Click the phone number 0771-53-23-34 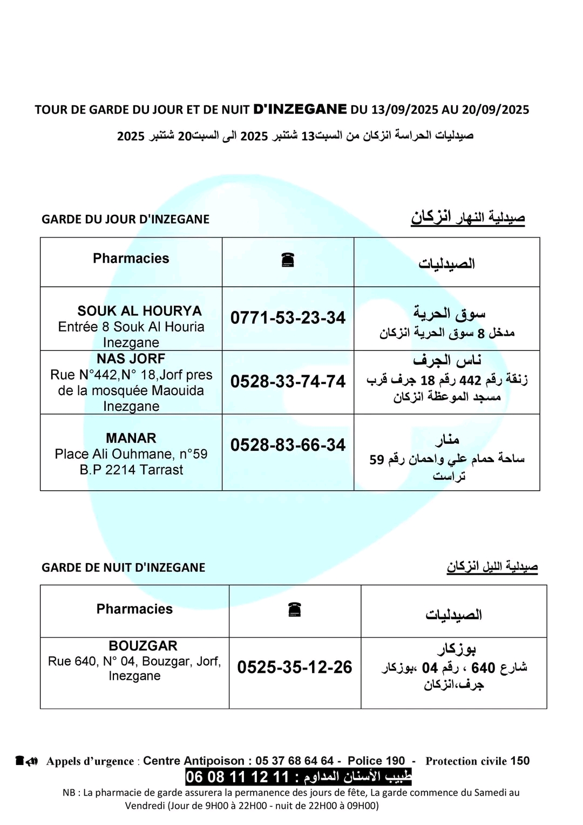(x=288, y=317)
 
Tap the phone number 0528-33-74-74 (x=288, y=381)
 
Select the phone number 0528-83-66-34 (x=288, y=445)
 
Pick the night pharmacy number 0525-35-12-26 (x=295, y=667)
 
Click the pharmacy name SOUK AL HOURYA (x=139, y=311)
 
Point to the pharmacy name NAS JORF (x=131, y=359)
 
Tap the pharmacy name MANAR (x=131, y=438)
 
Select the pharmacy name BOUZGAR (x=135, y=646)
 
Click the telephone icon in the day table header (x=288, y=260)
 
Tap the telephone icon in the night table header (x=295, y=610)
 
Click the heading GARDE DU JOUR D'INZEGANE (x=125, y=219)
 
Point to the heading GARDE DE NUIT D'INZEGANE (x=124, y=567)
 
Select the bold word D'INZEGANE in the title (x=300, y=109)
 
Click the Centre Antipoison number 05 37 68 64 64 (x=295, y=761)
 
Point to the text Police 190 (x=376, y=761)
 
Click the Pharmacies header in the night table (x=134, y=609)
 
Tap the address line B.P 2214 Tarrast (x=131, y=470)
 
